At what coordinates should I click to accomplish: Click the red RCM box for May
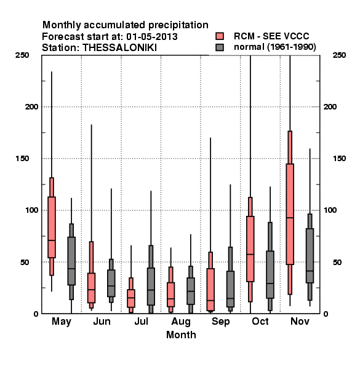(52, 228)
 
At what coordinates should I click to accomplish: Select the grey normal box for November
(310, 256)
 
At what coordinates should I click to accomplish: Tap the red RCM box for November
(290, 214)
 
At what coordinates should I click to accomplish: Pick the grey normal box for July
(151, 287)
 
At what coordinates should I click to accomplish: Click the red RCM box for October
(250, 248)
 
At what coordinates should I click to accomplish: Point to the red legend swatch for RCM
(220, 36)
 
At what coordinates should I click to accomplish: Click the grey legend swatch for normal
(220, 47)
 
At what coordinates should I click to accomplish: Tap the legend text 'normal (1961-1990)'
(274, 47)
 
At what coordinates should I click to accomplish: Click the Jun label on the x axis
(102, 322)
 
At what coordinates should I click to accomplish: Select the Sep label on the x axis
(220, 322)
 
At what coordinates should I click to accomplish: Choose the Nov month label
(300, 321)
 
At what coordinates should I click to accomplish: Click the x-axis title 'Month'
(181, 335)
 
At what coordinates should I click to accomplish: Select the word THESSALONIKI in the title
(119, 48)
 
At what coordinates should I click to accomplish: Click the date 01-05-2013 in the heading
(152, 37)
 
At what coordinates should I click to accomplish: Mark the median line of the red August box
(170, 299)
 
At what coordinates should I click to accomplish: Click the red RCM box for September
(210, 290)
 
